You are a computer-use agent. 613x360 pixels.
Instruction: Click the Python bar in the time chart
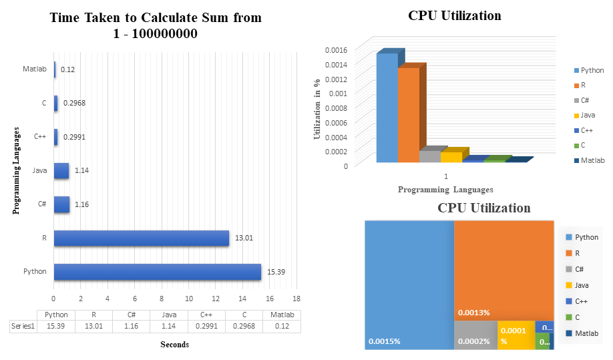157,272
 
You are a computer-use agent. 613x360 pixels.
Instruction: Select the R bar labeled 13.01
141,238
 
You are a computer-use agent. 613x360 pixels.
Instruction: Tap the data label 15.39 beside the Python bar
276,272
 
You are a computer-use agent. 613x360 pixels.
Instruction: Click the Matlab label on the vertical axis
34,69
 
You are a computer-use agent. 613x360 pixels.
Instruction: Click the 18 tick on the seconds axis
296,299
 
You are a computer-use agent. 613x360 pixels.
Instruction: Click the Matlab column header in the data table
282,314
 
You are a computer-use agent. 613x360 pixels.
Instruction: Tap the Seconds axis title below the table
174,345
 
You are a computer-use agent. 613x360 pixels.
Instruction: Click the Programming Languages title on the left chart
17,171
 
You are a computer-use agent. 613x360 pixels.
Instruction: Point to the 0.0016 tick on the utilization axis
336,49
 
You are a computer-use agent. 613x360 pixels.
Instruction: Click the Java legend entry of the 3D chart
587,116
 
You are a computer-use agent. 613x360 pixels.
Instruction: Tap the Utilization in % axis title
317,109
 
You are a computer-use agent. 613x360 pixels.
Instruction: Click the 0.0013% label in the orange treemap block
474,312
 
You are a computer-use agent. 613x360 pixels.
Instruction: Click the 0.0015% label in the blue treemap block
384,341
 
